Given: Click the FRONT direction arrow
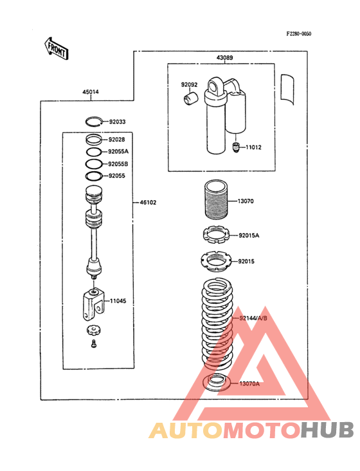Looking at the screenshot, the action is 57,48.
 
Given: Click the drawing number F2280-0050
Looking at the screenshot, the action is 298,33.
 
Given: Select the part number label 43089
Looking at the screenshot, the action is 225,57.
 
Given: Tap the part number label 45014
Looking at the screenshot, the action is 91,91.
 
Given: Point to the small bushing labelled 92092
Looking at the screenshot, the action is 190,99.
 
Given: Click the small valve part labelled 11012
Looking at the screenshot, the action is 236,147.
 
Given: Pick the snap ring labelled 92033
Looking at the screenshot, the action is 94,122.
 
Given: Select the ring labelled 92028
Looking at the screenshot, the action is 93,140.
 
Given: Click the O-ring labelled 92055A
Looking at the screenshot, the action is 94,152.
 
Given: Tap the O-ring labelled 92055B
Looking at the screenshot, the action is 94,163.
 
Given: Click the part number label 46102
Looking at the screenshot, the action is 148,203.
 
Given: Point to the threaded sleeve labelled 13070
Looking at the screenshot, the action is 216,199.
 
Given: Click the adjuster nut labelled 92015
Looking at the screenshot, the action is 216,261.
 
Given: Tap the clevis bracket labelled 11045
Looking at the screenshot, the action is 93,304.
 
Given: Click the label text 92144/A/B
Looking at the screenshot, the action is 253,318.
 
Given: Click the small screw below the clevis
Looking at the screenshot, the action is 94,344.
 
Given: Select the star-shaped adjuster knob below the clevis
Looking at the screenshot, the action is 93,330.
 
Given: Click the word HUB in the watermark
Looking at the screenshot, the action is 328,430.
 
